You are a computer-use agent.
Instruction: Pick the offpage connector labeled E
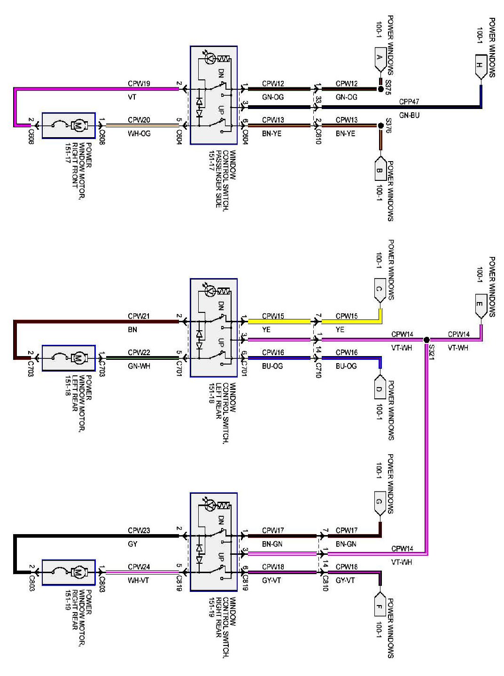tap(480, 305)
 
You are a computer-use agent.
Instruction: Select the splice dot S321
tap(426, 340)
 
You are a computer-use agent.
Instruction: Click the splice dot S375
tap(380, 88)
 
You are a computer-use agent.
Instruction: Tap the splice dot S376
tap(380, 125)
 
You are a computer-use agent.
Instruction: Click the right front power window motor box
tap(69, 125)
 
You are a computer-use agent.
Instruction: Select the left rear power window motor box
tap(69, 358)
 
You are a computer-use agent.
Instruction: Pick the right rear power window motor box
tap(69, 572)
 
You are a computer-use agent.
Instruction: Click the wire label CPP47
tap(409, 101)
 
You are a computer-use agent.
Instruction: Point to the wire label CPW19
tap(139, 84)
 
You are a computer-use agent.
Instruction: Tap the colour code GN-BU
tap(409, 115)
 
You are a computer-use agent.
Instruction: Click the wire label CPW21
tap(139, 316)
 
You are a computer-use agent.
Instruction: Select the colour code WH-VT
tap(139, 580)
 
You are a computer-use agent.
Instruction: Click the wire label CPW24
tap(139, 567)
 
